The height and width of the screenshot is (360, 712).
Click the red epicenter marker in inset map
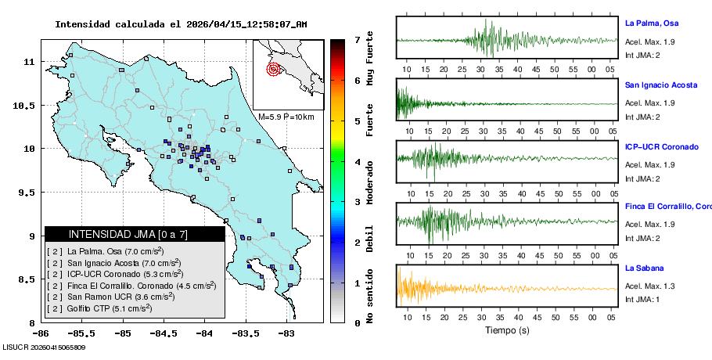(x=273, y=69)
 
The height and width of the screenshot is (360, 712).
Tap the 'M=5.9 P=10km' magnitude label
(x=286, y=117)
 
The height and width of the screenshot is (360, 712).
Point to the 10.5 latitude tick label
(x=27, y=105)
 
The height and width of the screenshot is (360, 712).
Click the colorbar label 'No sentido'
(x=369, y=297)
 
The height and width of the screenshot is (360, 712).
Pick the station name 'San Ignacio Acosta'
(x=661, y=85)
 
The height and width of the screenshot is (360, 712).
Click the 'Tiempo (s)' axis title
(x=507, y=330)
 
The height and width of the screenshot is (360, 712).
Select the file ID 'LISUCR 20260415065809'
(x=44, y=347)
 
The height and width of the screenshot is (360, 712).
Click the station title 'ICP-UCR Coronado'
(x=661, y=146)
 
